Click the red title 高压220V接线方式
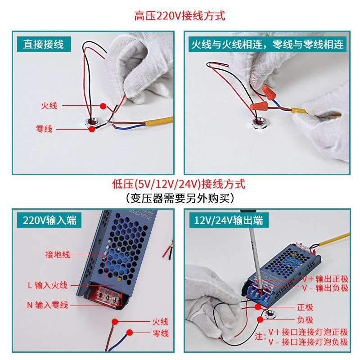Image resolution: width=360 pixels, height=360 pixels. [x=180, y=16]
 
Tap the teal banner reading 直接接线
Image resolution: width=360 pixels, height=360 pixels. [x=44, y=44]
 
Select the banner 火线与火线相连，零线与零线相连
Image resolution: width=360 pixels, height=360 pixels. [x=267, y=44]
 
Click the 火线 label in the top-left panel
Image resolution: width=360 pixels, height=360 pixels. [x=49, y=106]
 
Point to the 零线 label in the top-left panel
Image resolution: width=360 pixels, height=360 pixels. [x=44, y=129]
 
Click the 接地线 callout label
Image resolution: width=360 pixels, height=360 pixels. [x=58, y=255]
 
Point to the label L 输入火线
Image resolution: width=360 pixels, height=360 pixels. [x=47, y=285]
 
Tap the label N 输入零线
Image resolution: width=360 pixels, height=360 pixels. [x=47, y=305]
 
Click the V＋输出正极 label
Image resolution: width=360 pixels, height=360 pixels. [x=325, y=279]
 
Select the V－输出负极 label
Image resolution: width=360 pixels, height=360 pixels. [x=325, y=288]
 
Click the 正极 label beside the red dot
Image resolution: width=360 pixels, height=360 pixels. [x=305, y=307]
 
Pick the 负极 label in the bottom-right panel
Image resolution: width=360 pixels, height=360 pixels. [x=305, y=320]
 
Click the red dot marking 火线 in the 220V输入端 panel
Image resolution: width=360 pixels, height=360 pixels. [x=115, y=322]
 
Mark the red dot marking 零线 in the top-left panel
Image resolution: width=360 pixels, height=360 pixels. [x=91, y=129]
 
